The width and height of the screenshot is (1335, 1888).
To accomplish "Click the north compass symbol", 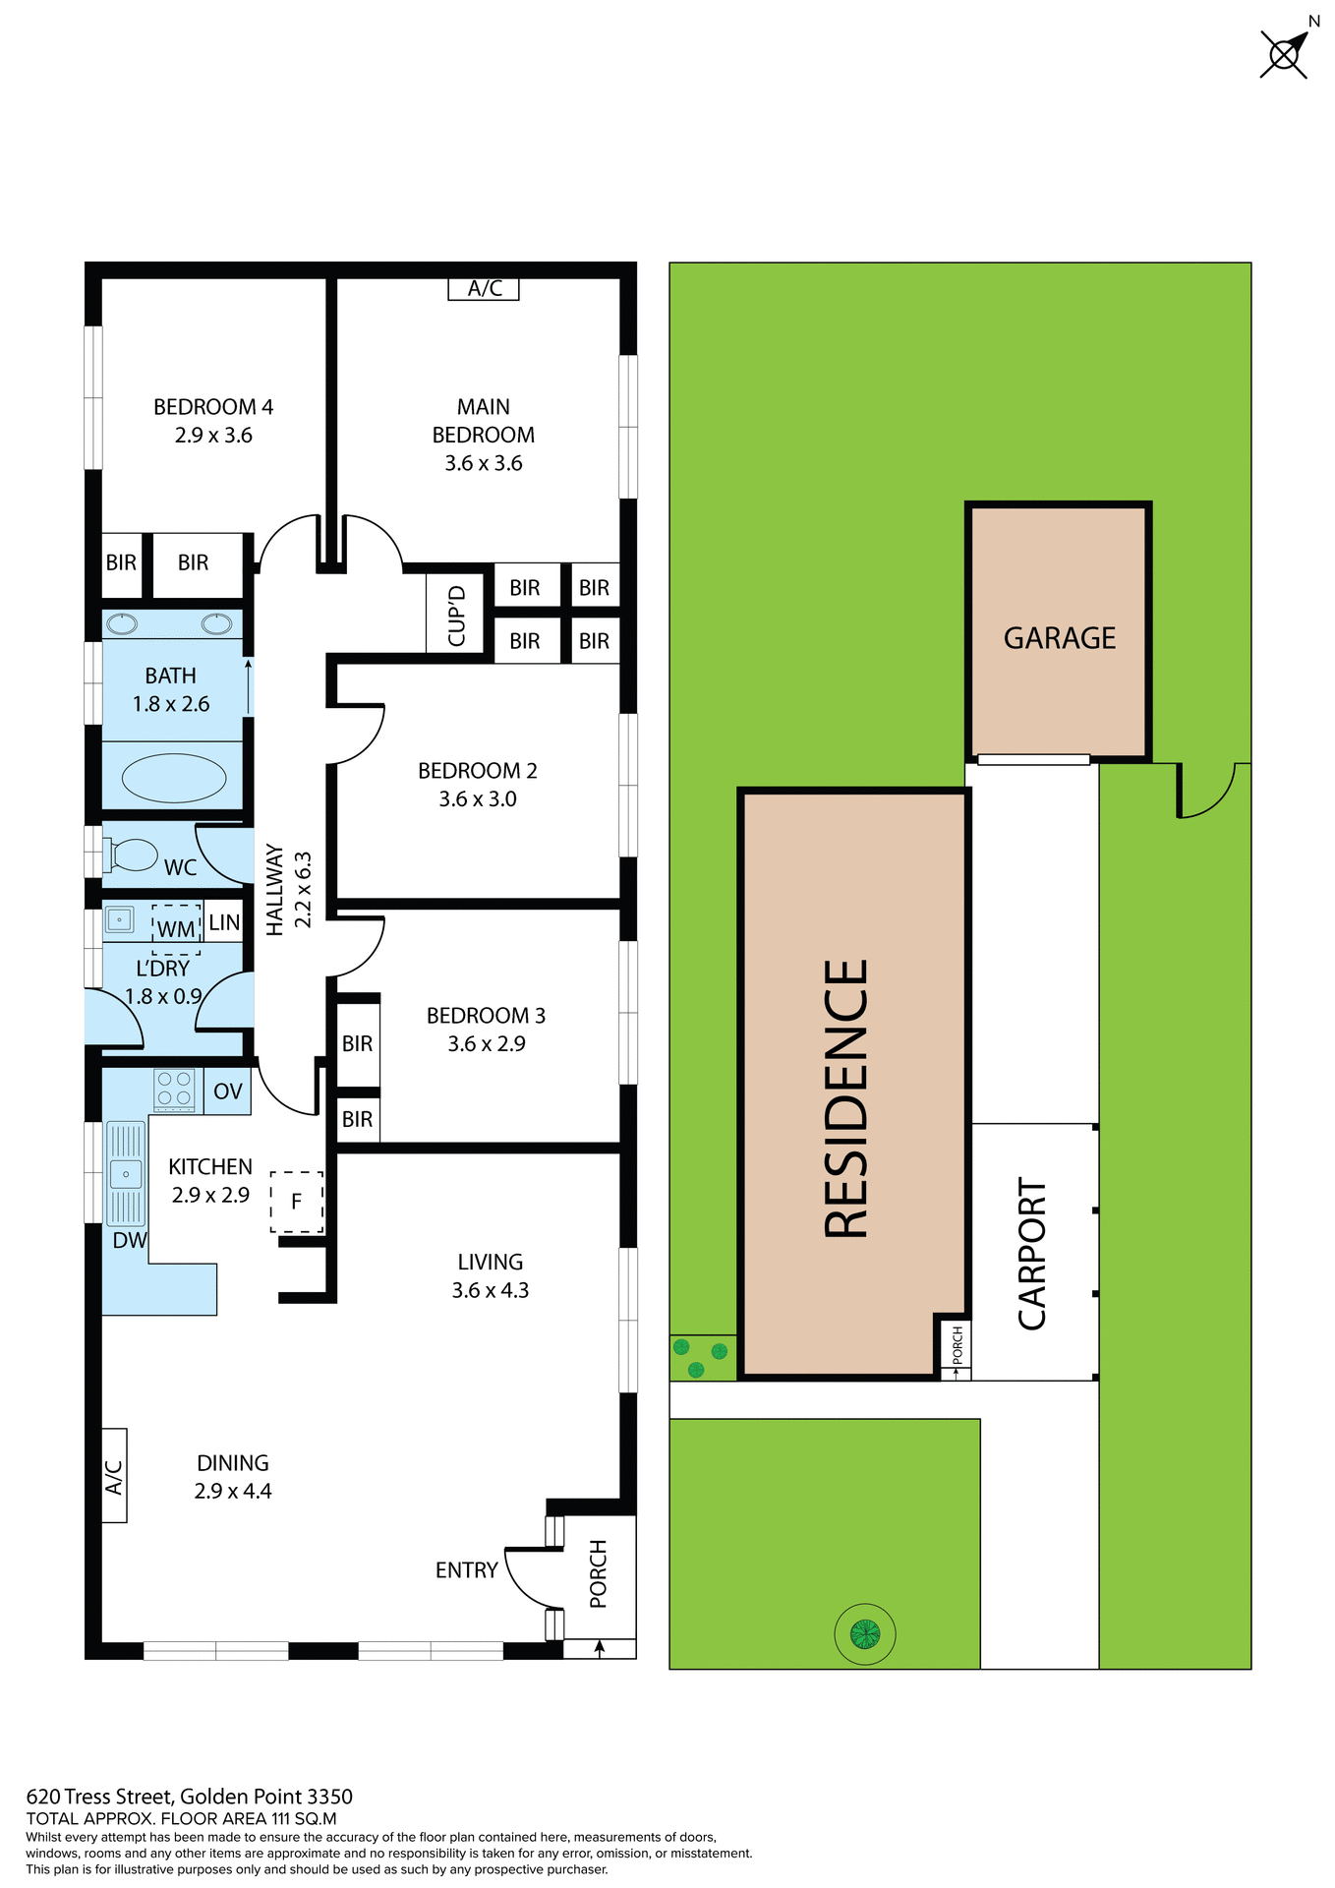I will [1285, 53].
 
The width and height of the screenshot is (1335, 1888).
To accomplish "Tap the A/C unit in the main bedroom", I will [483, 288].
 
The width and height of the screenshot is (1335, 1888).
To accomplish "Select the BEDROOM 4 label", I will [213, 407].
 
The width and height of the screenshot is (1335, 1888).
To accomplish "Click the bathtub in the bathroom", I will [174, 778].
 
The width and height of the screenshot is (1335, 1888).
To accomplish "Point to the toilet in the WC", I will [133, 855].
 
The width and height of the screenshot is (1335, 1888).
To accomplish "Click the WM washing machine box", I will [176, 928].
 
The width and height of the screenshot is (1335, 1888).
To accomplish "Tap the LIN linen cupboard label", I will [224, 922].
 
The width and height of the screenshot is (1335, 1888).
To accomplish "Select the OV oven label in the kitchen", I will [228, 1091].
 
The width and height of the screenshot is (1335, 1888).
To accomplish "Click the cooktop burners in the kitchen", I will [174, 1090].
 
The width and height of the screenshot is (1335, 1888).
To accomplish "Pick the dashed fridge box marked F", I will [296, 1202].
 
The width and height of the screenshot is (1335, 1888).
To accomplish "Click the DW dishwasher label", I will [129, 1241].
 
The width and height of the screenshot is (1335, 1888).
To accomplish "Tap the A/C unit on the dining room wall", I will [114, 1476].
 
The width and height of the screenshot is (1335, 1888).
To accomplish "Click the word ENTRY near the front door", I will [466, 1570].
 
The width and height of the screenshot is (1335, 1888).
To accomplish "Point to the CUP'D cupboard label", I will [456, 616].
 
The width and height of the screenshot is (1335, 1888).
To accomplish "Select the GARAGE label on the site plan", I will [1059, 638].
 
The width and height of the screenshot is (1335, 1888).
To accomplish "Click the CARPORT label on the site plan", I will [1032, 1254].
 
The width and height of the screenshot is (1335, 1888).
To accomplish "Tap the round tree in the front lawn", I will [865, 1634].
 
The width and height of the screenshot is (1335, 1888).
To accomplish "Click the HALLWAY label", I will [275, 889].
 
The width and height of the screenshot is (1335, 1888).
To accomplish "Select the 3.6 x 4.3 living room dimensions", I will [490, 1290].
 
